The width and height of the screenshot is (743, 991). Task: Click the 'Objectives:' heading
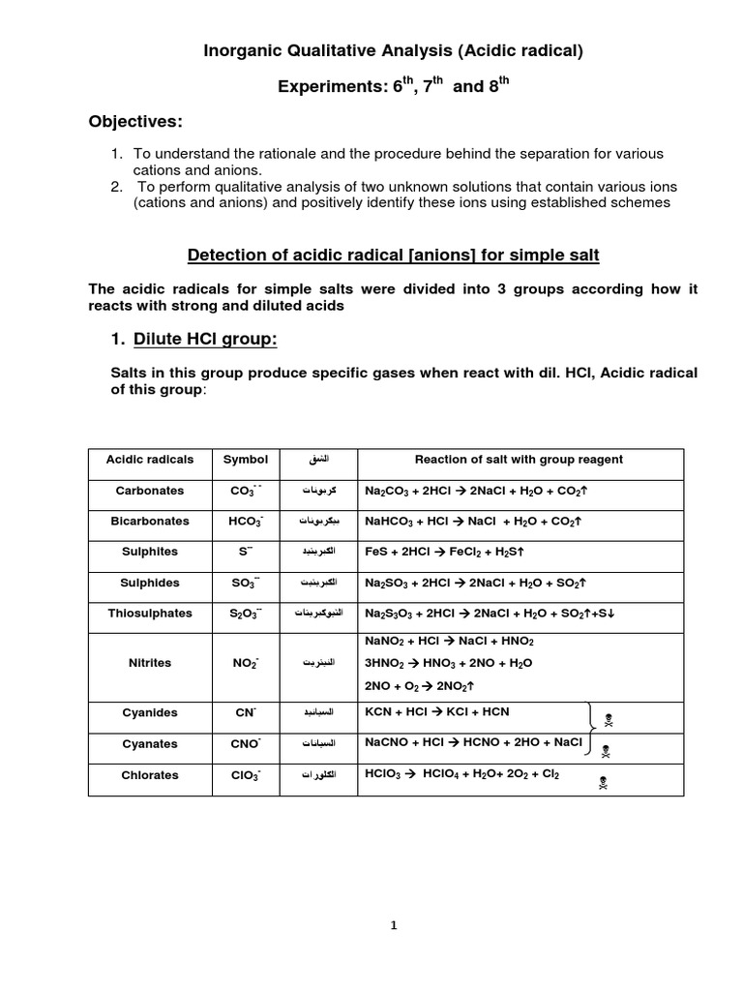pos(135,121)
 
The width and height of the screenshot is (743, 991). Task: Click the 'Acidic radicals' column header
pos(150,459)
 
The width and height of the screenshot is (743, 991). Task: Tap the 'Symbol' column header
pos(246,459)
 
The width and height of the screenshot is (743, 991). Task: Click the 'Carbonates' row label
pos(150,491)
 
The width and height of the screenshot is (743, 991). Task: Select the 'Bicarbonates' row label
pos(150,521)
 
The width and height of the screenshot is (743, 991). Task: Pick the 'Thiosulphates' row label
pos(150,613)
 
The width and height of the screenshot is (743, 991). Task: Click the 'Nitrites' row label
pos(150,663)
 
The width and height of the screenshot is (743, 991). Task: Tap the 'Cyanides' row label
pos(150,712)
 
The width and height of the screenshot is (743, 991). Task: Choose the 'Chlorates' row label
pos(150,775)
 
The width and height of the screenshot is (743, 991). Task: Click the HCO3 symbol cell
pos(247,522)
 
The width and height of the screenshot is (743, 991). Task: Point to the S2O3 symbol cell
pos(247,614)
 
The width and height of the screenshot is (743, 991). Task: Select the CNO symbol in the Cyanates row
pos(247,744)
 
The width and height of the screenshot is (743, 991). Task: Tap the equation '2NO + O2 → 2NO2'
pos(420,685)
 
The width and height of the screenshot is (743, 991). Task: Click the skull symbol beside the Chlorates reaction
pos(604,783)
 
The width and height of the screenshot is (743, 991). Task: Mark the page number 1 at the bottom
pos(394,925)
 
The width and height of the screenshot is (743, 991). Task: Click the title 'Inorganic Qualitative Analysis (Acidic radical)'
pos(393,51)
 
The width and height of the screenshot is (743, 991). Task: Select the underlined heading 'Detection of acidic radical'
pos(393,255)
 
